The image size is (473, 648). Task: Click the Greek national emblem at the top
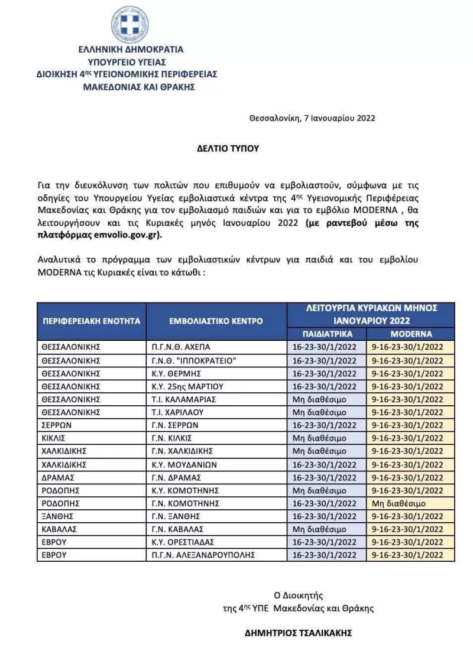(x=130, y=24)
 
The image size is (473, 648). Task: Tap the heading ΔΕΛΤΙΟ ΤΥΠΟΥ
(x=228, y=148)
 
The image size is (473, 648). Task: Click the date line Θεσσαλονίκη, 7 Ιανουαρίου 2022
(x=312, y=118)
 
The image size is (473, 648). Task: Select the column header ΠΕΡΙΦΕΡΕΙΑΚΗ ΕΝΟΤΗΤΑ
(x=91, y=321)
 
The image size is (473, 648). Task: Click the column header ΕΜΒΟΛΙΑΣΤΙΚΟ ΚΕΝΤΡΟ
(x=216, y=321)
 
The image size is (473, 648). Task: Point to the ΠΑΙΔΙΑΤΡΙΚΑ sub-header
(x=327, y=333)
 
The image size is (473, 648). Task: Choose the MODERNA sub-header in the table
(x=411, y=333)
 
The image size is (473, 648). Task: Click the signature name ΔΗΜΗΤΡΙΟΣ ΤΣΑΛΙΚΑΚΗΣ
(x=298, y=633)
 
